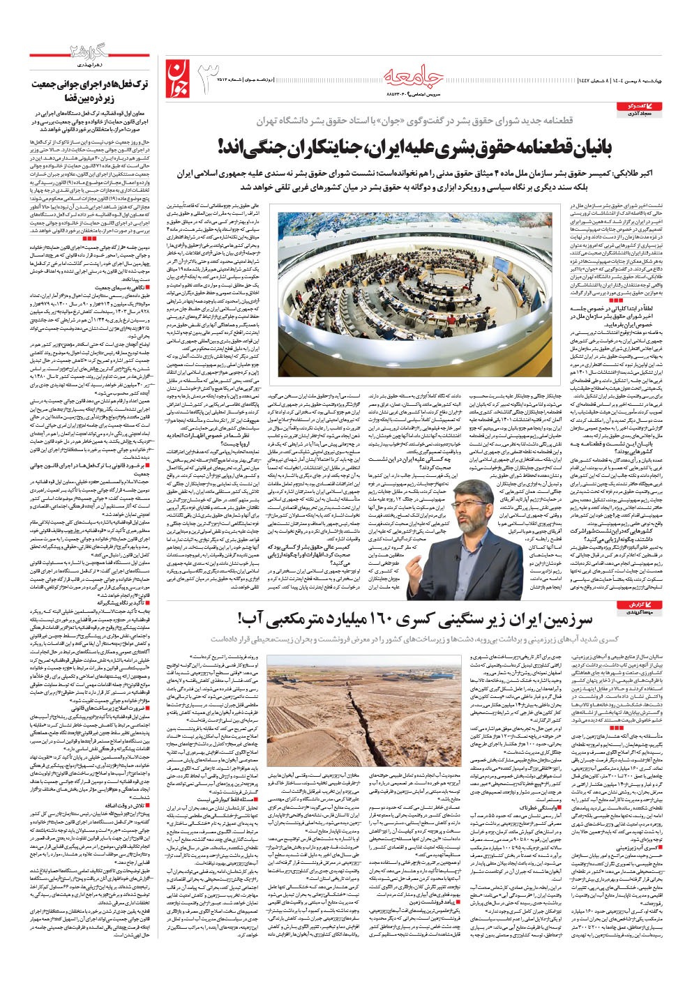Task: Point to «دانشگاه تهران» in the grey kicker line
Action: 285,121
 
